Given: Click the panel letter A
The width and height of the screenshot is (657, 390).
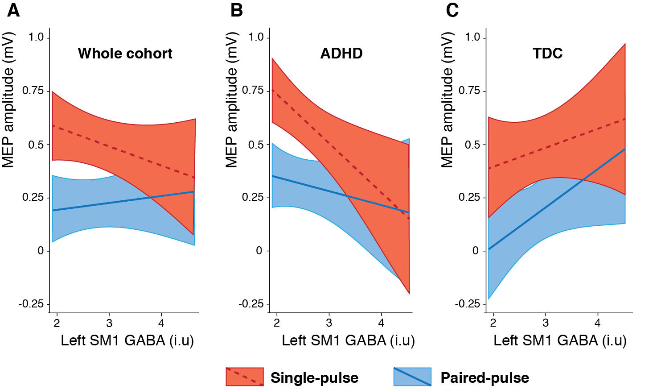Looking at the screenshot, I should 13,10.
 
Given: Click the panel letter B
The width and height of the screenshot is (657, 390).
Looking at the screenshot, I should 237,10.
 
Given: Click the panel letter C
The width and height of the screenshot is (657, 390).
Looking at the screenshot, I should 452,10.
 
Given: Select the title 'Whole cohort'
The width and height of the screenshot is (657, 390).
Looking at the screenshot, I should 125,54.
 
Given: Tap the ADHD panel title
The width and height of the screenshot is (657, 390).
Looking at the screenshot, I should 341,54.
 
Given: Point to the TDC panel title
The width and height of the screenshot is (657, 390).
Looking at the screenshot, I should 548,54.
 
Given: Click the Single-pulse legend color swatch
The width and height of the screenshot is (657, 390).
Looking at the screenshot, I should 244,377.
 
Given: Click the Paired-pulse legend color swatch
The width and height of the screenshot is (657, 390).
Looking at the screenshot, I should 412,377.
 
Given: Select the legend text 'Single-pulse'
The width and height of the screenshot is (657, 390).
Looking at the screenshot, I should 314,378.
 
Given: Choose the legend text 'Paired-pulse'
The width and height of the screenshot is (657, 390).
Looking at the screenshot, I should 485,378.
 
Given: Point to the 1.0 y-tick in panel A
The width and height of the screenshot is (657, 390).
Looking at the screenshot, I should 37,37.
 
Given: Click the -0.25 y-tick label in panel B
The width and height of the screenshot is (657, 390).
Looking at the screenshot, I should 251,304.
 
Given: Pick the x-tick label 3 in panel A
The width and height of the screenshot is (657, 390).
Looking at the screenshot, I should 109,323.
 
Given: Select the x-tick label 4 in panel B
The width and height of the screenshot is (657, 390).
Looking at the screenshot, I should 381,323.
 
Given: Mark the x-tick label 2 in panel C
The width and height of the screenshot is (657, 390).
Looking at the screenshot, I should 493,323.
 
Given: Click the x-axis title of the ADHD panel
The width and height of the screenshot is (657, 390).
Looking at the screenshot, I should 348,340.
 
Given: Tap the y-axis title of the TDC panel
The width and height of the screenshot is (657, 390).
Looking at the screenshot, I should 447,100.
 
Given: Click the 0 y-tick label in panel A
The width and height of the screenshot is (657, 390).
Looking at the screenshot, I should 41,251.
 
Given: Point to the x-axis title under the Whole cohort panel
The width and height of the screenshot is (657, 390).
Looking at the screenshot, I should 127,340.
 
